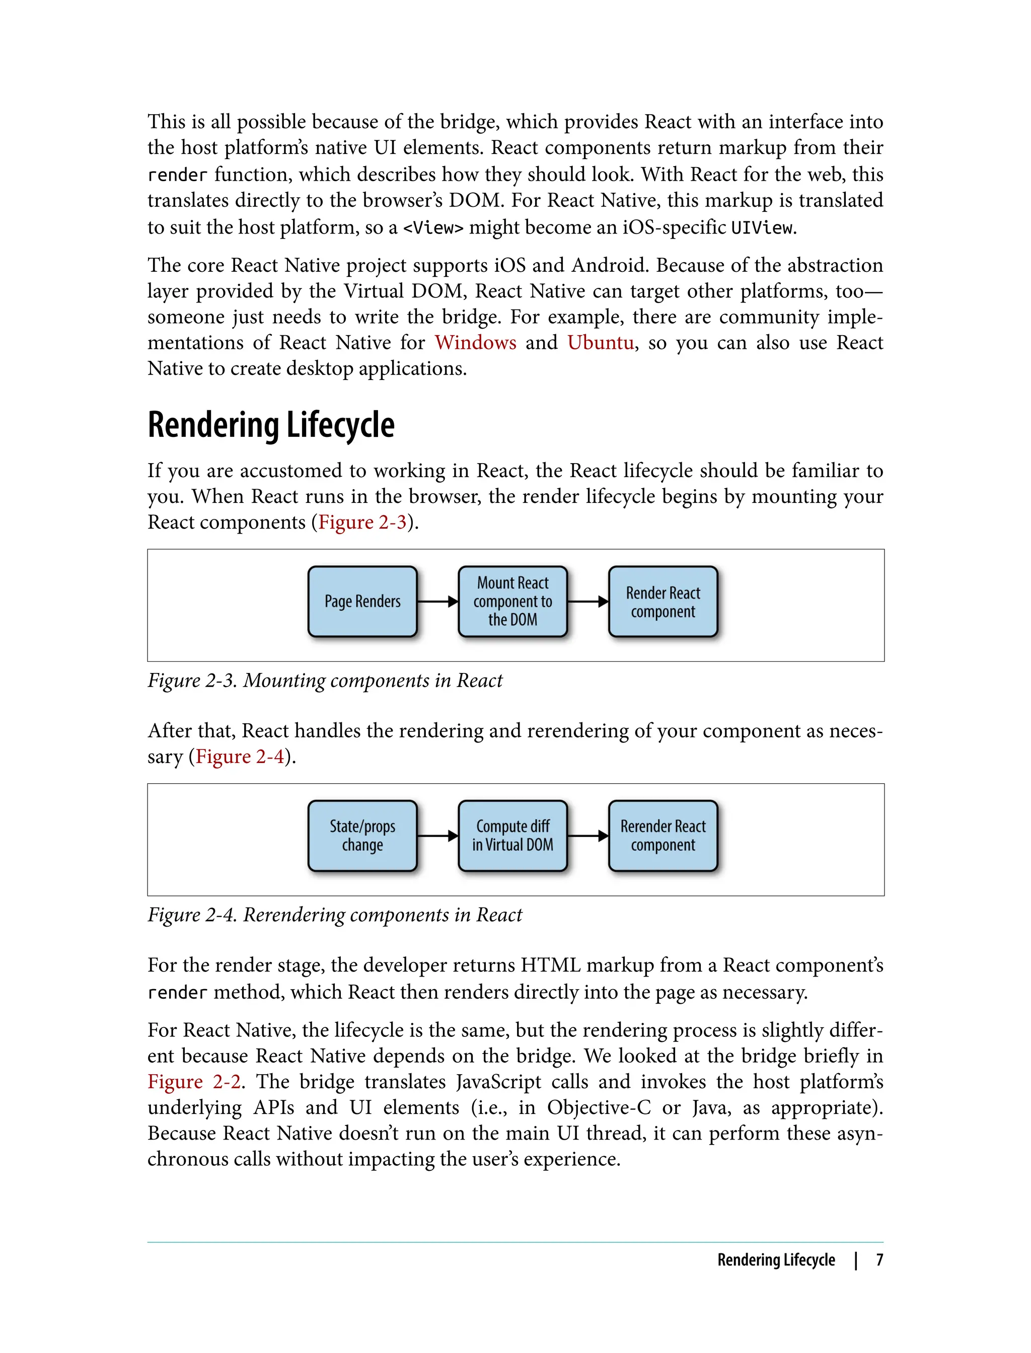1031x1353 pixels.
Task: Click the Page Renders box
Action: pos(362,602)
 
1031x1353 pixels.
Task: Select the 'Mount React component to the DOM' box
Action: pos(512,602)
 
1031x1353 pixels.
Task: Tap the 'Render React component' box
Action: pos(663,602)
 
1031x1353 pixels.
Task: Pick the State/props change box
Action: pos(362,836)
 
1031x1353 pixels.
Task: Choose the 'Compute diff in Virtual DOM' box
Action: pos(512,836)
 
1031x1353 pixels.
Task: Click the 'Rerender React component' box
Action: pos(663,836)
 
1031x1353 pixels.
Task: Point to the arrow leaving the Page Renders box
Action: pos(437,602)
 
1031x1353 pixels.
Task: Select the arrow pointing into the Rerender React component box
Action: pos(588,836)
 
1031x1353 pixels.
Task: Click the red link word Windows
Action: pos(476,342)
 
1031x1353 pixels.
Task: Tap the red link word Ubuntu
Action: pos(600,342)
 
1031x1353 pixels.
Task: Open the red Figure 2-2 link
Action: pos(194,1081)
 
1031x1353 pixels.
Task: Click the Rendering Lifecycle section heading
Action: pos(271,425)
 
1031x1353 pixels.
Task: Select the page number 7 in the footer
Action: pos(879,1260)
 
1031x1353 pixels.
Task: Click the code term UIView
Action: pos(762,228)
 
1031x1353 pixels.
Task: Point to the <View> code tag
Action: pos(432,228)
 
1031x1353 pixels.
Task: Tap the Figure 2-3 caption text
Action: pos(325,681)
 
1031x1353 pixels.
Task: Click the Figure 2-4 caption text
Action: pos(334,915)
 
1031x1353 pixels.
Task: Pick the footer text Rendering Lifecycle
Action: pos(776,1260)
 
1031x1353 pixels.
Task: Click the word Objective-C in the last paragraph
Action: pos(599,1107)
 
